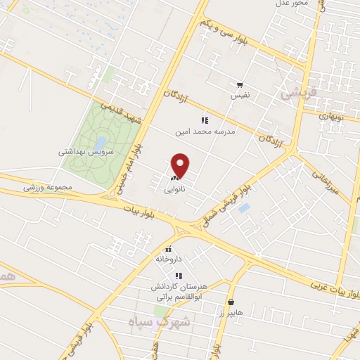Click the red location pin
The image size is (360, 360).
click(181, 165)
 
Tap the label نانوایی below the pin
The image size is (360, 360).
click(176, 190)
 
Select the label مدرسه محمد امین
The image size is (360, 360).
click(205, 131)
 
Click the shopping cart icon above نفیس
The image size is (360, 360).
click(240, 84)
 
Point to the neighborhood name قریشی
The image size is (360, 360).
click(299, 91)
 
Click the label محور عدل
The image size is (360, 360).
click(292, 4)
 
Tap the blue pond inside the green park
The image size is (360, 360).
click(101, 143)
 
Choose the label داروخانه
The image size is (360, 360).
click(169, 259)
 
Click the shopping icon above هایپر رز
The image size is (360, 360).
click(231, 301)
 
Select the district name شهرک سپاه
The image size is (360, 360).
click(160, 321)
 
